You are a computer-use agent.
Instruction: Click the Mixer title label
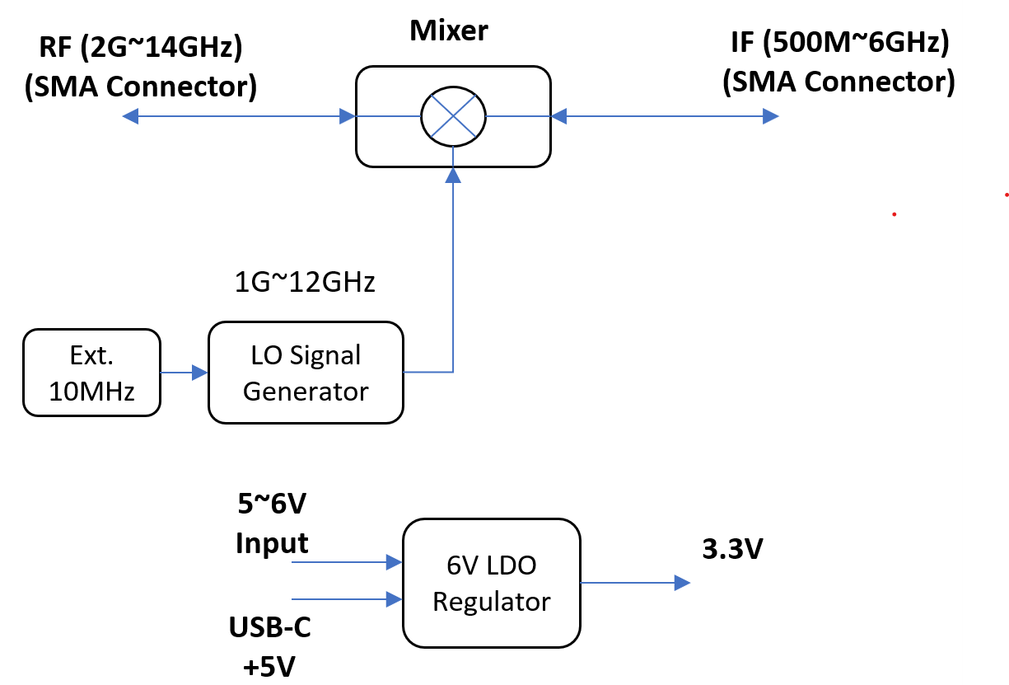point(449,30)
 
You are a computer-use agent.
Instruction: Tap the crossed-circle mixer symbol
point(453,116)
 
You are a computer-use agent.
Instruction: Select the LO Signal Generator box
point(306,373)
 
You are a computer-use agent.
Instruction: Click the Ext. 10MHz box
point(91,373)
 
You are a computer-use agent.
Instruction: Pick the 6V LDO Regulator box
point(491,583)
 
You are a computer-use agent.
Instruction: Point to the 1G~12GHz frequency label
point(305,283)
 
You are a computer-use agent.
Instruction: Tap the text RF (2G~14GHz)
point(141,47)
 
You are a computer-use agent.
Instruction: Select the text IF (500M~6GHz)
point(840,43)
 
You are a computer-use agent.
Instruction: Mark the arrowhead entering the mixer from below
point(453,176)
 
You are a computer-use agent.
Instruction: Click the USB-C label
point(269,629)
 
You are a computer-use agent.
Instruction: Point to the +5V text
point(269,665)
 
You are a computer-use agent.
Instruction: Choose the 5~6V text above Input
point(272,503)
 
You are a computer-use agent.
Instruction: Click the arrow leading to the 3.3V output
point(634,583)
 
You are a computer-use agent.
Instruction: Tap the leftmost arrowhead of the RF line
point(130,117)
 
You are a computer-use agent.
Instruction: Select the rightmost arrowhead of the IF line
point(770,117)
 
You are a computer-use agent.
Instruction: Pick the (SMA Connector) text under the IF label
point(838,81)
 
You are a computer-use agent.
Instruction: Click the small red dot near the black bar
point(894,214)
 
